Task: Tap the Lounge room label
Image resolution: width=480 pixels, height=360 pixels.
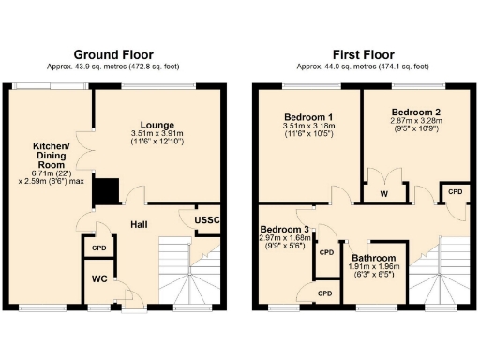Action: [157, 124]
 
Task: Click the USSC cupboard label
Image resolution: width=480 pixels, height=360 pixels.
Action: [207, 220]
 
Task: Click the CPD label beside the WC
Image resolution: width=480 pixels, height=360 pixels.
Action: [97, 247]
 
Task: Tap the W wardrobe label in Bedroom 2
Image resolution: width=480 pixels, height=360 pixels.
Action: [385, 195]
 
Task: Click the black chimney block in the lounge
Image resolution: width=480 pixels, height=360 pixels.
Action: [104, 191]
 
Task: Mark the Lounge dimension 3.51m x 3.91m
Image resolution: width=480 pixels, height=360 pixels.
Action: [157, 134]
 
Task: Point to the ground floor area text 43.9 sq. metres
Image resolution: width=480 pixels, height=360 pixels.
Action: [113, 67]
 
